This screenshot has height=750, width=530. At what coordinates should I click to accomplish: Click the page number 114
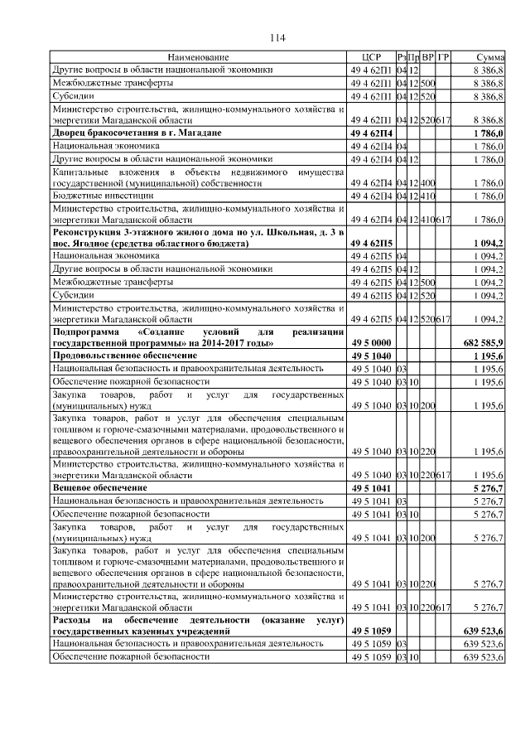277,37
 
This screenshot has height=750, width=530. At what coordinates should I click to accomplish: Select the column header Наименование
198,56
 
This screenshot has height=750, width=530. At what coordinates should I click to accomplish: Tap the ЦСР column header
370,56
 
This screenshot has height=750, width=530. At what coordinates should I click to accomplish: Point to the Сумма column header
490,56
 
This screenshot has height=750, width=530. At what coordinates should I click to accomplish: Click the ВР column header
427,56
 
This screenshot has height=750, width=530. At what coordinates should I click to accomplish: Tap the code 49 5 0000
370,343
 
